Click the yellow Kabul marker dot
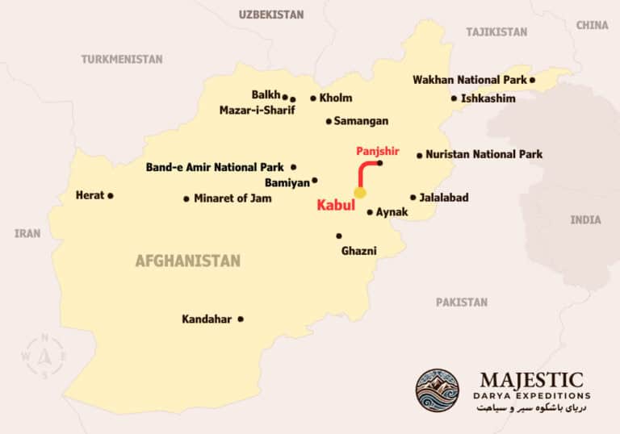click(x=360, y=193)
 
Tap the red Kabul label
click(x=336, y=206)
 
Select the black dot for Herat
click(x=111, y=195)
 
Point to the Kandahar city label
click(x=207, y=319)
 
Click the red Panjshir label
click(x=378, y=151)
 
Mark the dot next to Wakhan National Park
click(x=533, y=80)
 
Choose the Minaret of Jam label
click(x=232, y=198)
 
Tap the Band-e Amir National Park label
click(x=215, y=168)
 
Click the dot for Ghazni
click(x=339, y=236)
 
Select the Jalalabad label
click(x=444, y=197)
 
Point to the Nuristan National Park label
click(x=484, y=154)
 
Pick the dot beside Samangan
click(x=329, y=122)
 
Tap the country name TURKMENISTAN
click(x=122, y=59)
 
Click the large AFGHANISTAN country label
click(x=188, y=261)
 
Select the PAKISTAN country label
click(x=462, y=303)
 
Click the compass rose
click(x=45, y=356)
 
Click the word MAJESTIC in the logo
click(x=531, y=379)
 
